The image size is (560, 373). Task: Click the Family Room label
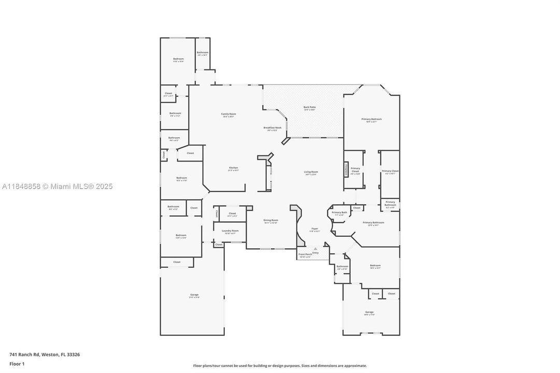tap(228, 114)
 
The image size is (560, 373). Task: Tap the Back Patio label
tap(309, 107)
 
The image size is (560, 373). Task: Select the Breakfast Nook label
tap(272, 128)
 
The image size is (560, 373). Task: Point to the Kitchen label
tap(234, 168)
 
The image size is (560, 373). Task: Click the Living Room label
tap(311, 172)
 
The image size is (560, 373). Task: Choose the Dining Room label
tap(271, 220)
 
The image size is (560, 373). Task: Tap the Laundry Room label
tap(230, 231)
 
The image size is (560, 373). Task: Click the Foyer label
tap(314, 228)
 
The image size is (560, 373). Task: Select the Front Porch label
tap(305, 254)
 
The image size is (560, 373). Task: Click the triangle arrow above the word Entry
tap(315, 249)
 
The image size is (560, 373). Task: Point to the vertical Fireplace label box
tap(347, 169)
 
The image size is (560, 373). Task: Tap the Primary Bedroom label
tap(371, 119)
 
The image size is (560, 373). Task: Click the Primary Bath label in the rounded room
tap(340, 212)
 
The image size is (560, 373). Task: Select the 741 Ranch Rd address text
tap(45, 355)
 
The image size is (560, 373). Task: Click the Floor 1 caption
tap(17, 364)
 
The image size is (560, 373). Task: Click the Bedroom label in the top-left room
tap(178, 59)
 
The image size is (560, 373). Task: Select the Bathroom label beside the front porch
tap(342, 267)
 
